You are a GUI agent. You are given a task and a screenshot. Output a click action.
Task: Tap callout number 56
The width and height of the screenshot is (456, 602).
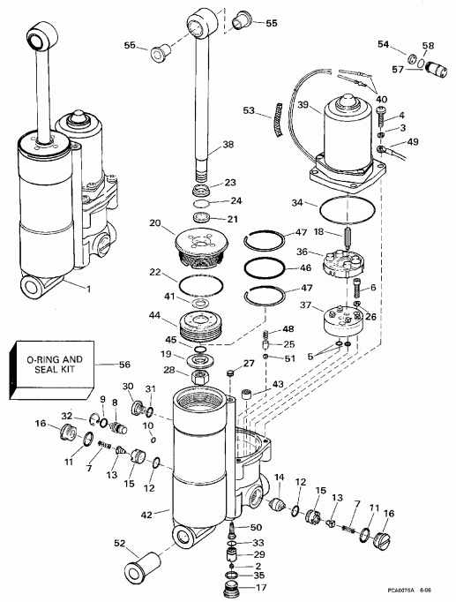point(123,364)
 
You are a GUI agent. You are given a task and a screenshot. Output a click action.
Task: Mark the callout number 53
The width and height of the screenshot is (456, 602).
point(248,111)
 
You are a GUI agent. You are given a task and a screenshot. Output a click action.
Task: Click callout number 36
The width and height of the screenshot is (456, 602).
point(303,253)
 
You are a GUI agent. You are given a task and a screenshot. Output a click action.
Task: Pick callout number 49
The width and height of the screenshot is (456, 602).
point(413,142)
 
